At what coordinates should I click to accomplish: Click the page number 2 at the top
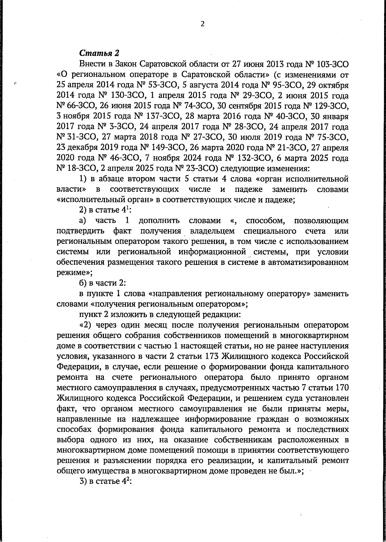pyautogui.click(x=202, y=24)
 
